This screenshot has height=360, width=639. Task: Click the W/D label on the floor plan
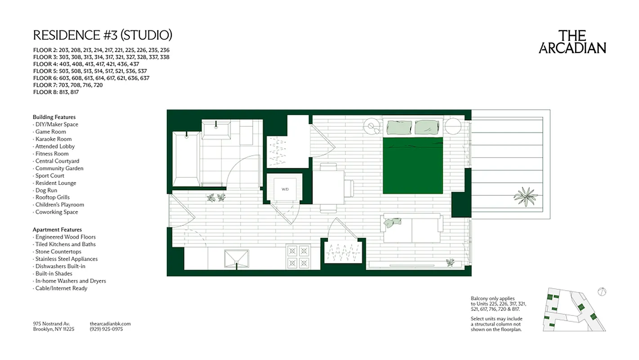pyautogui.click(x=285, y=189)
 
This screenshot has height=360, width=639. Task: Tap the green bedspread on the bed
pyautogui.click(x=413, y=166)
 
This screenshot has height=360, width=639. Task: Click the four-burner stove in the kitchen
pyautogui.click(x=299, y=256)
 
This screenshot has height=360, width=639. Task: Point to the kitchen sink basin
pyautogui.click(x=237, y=258)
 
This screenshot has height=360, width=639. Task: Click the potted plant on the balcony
pyautogui.click(x=525, y=196)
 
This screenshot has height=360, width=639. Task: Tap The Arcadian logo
pyautogui.click(x=572, y=42)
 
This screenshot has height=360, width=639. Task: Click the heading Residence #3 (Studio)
pyautogui.click(x=103, y=35)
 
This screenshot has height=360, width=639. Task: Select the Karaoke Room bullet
pyautogui.click(x=53, y=139)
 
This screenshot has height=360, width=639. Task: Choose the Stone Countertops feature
pyautogui.click(x=58, y=252)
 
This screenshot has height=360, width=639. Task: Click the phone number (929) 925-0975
pyautogui.click(x=106, y=329)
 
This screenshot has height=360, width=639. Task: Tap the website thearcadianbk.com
pyautogui.click(x=110, y=324)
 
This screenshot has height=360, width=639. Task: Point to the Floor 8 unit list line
pyautogui.click(x=56, y=92)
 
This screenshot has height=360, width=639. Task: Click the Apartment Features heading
pyautogui.click(x=57, y=229)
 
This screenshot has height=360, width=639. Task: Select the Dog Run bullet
pyautogui.click(x=46, y=190)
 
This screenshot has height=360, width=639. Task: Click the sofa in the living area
pyautogui.click(x=412, y=229)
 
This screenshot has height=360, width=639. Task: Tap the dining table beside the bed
pyautogui.click(x=328, y=187)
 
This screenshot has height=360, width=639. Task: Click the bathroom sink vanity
pyautogui.click(x=216, y=130)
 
